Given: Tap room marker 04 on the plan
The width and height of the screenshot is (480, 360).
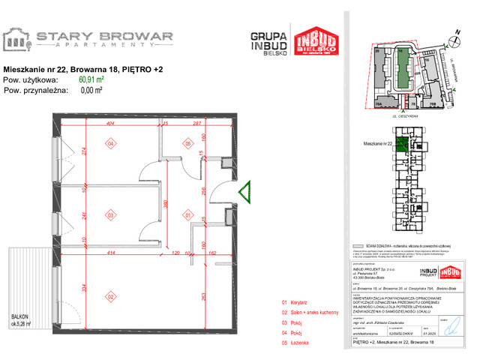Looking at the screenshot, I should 110,143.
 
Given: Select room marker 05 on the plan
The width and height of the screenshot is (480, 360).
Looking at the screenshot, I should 189,143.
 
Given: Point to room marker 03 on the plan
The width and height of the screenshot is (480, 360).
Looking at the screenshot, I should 110,215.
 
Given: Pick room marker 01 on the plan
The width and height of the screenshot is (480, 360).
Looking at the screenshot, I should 189,215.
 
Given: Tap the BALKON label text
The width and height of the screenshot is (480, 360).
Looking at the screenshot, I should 19,318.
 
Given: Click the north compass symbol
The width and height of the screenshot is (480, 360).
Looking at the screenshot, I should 454,34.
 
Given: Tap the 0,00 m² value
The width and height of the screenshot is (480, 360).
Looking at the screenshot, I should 91,89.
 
